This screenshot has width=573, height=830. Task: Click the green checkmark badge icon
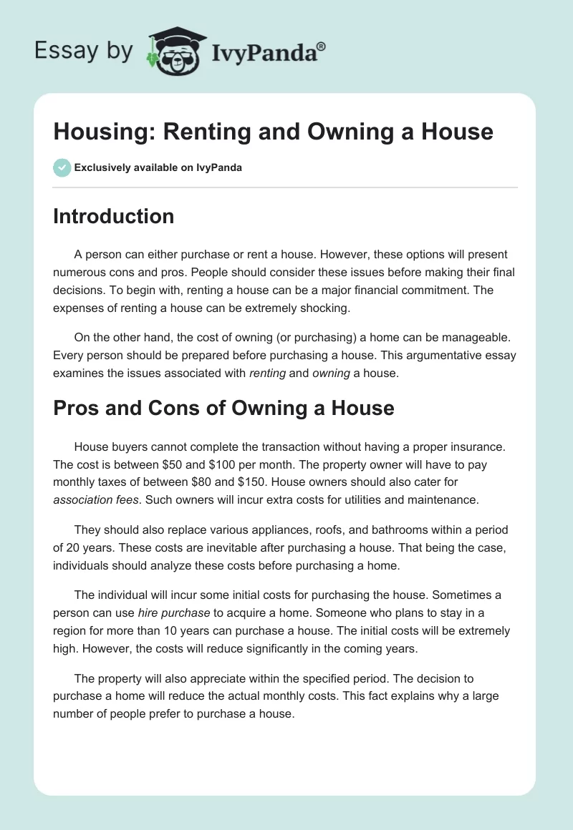[62, 168]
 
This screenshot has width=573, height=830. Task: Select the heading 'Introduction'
[113, 216]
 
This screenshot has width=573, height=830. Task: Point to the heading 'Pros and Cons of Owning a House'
[223, 408]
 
